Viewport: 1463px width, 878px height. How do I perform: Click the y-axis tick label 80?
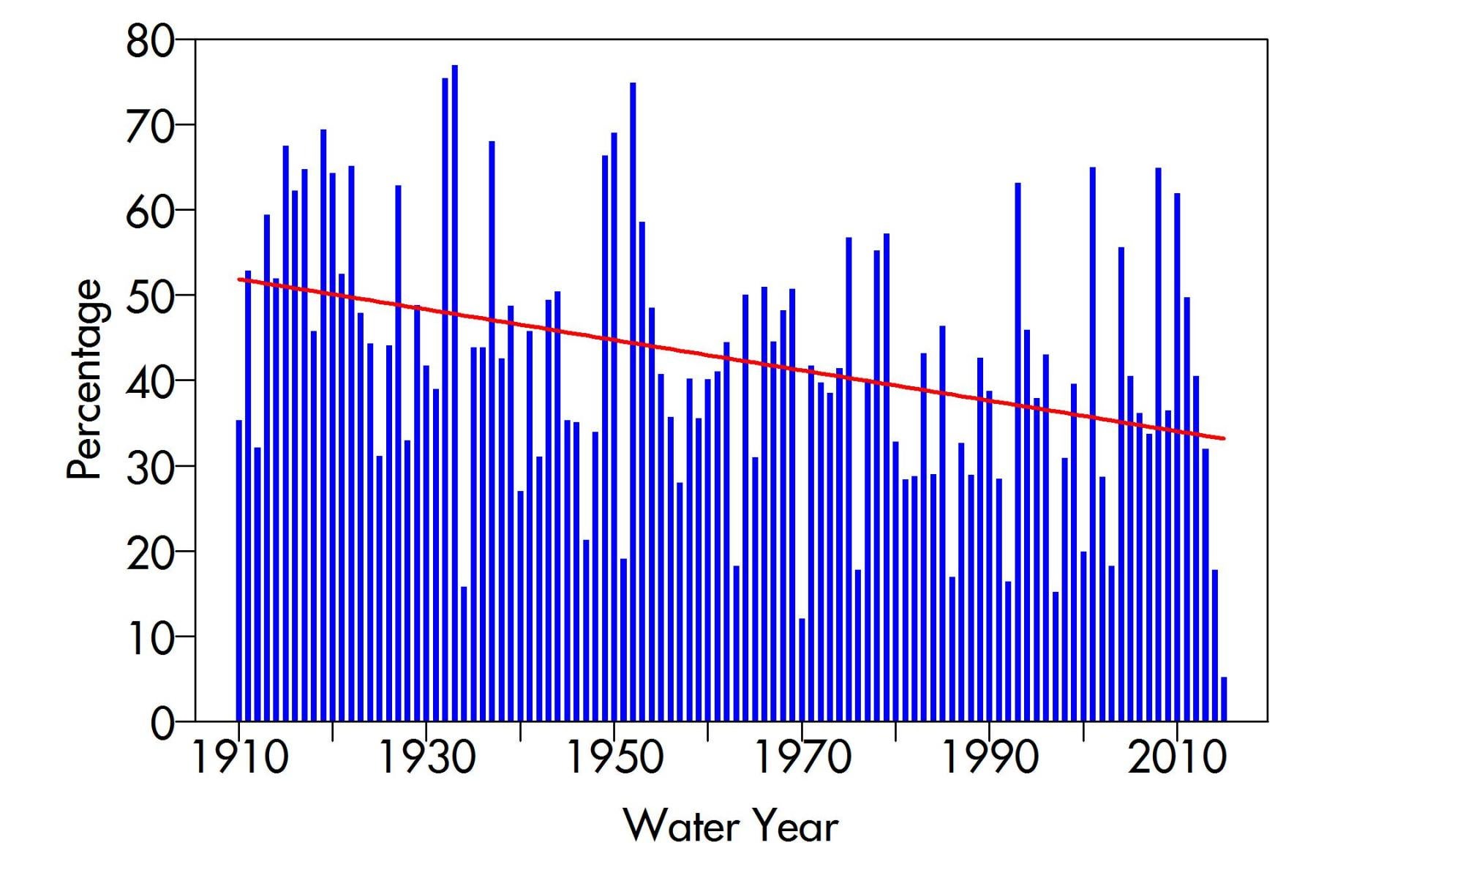click(151, 42)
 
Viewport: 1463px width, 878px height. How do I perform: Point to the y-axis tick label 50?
click(151, 295)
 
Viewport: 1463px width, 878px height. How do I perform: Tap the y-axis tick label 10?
click(151, 638)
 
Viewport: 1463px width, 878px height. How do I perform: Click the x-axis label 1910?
click(239, 757)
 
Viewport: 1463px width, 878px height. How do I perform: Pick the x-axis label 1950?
click(614, 757)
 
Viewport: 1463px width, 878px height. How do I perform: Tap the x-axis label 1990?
click(990, 757)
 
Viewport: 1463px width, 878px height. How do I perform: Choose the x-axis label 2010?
click(1177, 757)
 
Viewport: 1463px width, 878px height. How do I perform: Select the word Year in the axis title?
click(796, 827)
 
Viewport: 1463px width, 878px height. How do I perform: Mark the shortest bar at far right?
click(1224, 699)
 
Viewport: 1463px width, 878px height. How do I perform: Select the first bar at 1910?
click(238, 571)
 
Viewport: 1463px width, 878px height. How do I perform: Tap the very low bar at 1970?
click(802, 670)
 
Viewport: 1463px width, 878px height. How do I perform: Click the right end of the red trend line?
click(1222, 438)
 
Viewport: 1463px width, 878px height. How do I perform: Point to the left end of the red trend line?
click(240, 279)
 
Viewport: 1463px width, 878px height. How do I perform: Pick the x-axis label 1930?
click(426, 757)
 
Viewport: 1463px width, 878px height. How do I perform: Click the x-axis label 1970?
click(802, 757)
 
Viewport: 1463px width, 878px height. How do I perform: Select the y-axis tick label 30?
click(151, 467)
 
